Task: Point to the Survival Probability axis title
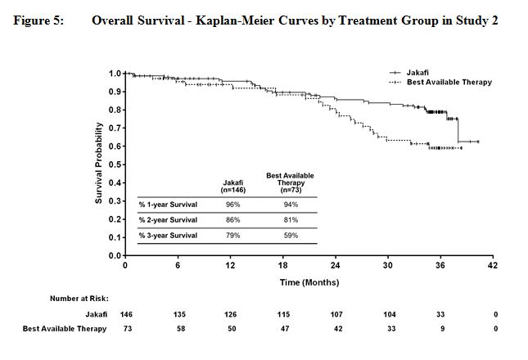click(x=99, y=164)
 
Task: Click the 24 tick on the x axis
click(x=336, y=266)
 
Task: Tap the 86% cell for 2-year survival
click(x=232, y=219)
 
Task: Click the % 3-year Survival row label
click(x=169, y=236)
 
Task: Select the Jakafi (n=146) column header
click(x=232, y=185)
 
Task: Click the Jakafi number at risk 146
click(x=125, y=313)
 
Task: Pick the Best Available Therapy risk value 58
click(x=178, y=328)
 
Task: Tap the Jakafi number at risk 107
click(x=336, y=313)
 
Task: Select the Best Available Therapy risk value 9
click(x=440, y=328)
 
